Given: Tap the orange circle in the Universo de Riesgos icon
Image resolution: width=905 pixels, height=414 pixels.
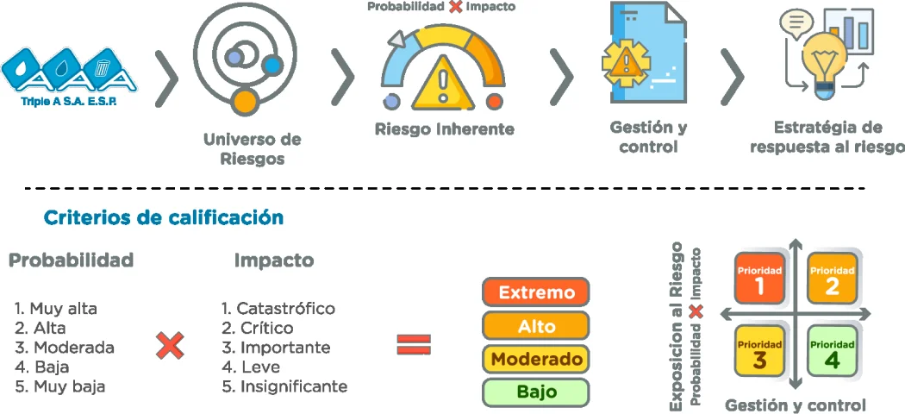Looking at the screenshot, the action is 246,99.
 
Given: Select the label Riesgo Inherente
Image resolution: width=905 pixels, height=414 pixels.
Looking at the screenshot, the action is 445,129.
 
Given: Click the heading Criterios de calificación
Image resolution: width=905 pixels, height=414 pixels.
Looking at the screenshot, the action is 164,217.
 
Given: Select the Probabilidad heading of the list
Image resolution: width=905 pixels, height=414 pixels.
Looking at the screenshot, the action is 72,260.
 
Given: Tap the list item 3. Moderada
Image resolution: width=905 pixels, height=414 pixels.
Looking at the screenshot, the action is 65,348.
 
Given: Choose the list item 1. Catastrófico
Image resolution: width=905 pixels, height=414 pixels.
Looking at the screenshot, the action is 278,308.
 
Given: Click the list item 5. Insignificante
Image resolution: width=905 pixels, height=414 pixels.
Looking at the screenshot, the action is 284,386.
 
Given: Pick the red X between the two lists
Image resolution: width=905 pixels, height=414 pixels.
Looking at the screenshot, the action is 171,346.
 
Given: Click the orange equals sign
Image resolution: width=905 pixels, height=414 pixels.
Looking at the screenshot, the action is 414,345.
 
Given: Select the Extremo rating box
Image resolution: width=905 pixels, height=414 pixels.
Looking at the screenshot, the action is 536,292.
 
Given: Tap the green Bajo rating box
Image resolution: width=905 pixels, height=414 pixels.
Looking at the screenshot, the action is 536,392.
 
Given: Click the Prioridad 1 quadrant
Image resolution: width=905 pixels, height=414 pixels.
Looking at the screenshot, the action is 759,279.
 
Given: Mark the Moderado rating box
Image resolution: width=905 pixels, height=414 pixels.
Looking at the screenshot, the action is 536,359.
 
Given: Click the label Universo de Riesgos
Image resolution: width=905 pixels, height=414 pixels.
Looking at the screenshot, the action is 252,148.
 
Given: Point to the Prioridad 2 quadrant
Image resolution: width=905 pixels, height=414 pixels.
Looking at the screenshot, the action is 832,279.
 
